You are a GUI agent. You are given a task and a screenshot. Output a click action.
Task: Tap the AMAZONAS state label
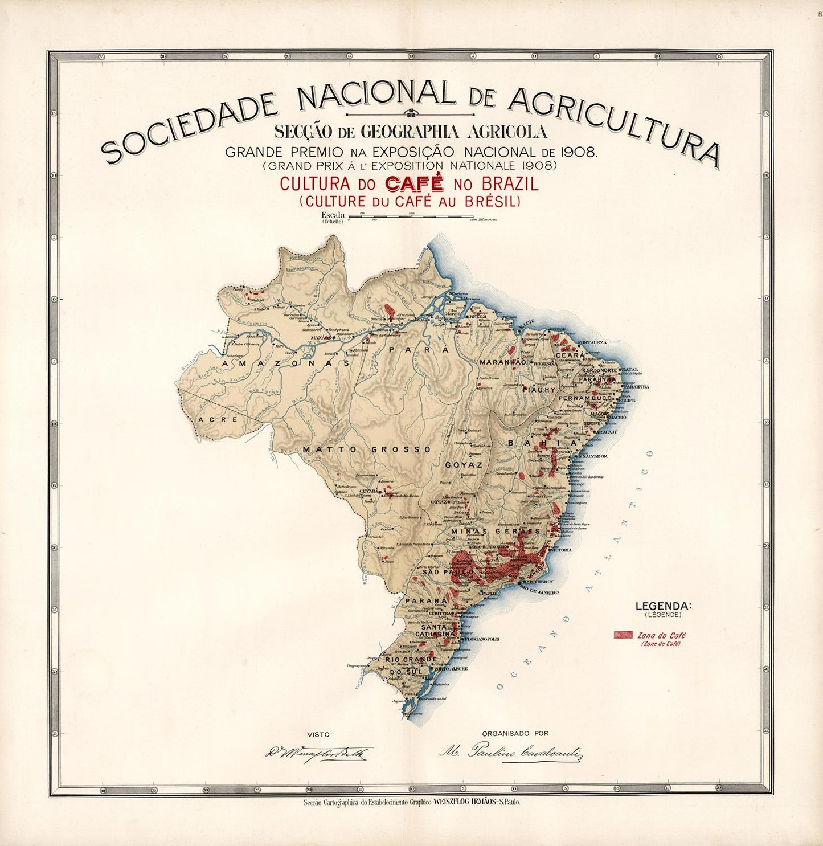coord(285,363)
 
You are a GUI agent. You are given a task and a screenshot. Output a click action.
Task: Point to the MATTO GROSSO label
coord(367,449)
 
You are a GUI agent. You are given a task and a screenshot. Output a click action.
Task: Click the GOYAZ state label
coord(464,465)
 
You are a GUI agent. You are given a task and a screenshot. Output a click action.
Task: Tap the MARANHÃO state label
coord(502,362)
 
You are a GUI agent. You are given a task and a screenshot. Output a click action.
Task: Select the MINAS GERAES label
coord(495,531)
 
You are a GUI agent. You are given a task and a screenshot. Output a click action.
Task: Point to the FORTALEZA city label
coord(592,342)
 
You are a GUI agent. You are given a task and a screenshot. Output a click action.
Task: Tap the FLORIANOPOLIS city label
coord(482,639)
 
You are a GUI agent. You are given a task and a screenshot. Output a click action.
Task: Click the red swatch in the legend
coord(623,635)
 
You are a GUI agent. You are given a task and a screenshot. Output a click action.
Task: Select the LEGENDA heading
coord(663,606)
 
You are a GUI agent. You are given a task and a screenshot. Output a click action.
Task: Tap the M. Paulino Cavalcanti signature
coord(511,753)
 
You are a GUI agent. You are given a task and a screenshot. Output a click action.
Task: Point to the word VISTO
coord(318,734)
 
